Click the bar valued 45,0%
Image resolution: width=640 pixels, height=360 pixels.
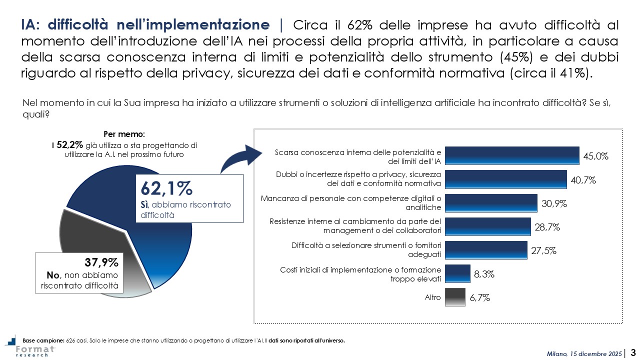point(511,155)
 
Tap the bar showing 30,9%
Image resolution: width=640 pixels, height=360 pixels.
point(490,203)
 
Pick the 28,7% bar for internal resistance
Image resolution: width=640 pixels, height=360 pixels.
point(487,226)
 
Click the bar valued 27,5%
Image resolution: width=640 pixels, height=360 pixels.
point(485,250)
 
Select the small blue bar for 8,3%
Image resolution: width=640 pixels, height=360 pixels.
point(457,274)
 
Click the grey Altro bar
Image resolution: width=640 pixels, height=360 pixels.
point(454,297)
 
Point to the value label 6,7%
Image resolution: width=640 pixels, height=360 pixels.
point(479,298)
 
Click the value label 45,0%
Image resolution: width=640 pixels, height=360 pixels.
point(595,156)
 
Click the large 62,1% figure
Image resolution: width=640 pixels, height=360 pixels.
point(166,189)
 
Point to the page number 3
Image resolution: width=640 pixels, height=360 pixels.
point(633,353)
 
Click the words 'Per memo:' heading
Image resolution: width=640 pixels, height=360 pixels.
point(124,135)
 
